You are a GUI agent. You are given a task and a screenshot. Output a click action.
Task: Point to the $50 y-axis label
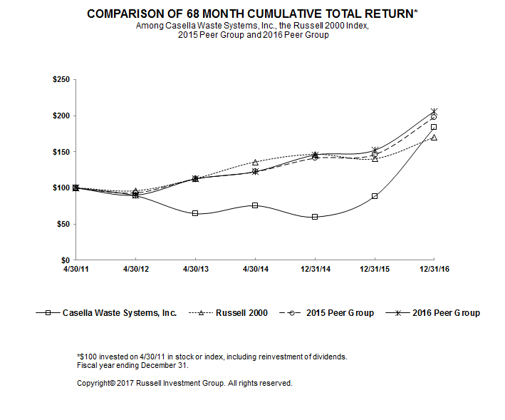click(62, 224)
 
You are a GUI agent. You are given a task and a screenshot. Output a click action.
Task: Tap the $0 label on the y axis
click(65, 260)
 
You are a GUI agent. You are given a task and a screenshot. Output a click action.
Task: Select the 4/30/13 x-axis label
click(194, 269)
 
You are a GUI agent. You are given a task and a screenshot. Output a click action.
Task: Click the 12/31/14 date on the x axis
click(314, 269)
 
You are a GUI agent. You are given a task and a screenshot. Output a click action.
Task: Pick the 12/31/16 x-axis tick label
click(434, 269)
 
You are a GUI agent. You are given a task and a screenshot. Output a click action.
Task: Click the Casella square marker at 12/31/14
click(315, 217)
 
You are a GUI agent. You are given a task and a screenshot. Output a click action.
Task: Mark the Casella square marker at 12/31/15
click(375, 196)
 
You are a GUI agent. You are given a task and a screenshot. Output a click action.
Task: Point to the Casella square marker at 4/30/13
click(195, 213)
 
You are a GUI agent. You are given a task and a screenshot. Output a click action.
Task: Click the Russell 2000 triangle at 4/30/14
click(255, 163)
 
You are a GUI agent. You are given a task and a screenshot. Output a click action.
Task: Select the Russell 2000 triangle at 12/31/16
click(434, 137)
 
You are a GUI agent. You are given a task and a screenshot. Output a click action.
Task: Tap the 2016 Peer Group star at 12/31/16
click(434, 111)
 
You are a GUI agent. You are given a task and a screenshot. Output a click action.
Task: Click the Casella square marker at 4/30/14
click(255, 205)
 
